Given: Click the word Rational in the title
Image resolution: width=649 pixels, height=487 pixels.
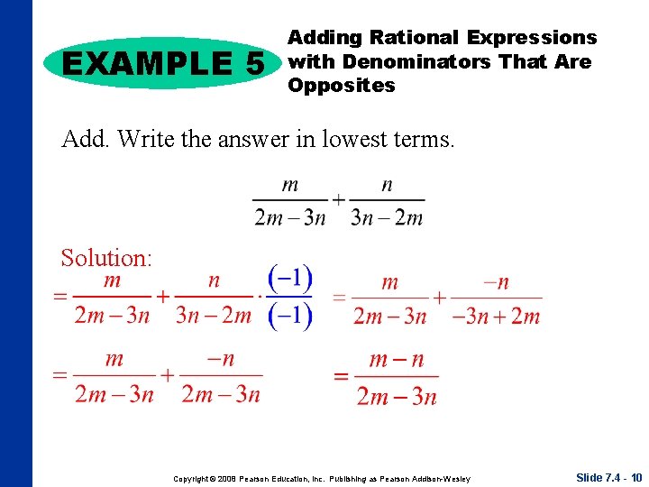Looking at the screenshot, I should (x=416, y=38).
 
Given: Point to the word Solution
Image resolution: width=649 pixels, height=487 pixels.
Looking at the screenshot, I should (x=106, y=258).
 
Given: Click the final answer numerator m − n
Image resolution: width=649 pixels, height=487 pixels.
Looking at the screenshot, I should (x=396, y=361).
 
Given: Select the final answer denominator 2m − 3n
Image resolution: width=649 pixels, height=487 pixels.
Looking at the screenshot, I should (x=396, y=396).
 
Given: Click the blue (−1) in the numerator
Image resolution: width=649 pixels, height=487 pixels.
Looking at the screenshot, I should (x=290, y=278).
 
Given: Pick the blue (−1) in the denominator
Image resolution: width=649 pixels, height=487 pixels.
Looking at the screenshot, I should (x=290, y=315).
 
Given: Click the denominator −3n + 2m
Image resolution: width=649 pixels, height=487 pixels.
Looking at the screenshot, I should (x=496, y=316).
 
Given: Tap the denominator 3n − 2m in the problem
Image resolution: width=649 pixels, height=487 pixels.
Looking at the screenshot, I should (x=386, y=217).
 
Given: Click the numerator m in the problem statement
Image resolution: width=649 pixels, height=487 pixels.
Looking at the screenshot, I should (x=289, y=185).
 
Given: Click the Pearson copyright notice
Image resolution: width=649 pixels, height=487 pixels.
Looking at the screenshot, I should (x=322, y=478).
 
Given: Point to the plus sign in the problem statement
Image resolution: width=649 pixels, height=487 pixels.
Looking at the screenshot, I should (x=337, y=199).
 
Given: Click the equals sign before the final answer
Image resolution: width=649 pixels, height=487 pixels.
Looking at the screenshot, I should (x=340, y=377).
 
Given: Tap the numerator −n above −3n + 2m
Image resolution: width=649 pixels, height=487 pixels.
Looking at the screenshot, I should (x=496, y=282).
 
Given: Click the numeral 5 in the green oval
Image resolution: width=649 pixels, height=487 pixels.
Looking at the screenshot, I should (x=253, y=63).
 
